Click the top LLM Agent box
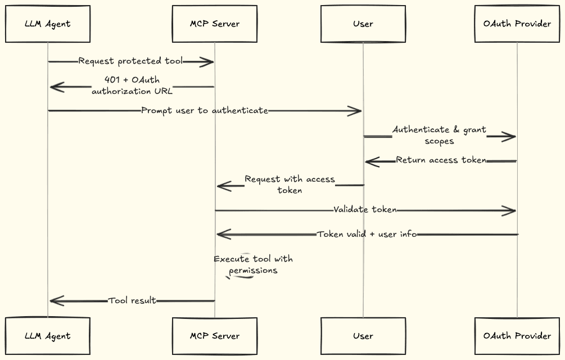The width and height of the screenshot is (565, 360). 48,24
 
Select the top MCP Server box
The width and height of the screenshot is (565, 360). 215,24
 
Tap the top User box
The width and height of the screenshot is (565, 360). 363,24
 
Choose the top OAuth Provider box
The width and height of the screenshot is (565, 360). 517,24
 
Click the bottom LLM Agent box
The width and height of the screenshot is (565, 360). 48,336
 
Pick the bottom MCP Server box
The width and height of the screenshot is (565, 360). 215,336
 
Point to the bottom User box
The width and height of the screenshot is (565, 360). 363,336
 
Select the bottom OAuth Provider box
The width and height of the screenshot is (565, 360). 517,336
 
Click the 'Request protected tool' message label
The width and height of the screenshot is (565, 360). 130,61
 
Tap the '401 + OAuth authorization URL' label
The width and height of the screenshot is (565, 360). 132,85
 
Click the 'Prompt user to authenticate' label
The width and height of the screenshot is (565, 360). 205,111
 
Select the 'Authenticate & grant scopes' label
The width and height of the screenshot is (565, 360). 439,136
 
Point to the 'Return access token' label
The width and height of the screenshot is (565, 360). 441,160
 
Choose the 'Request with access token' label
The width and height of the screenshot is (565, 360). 290,185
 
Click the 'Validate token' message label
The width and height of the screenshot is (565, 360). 365,210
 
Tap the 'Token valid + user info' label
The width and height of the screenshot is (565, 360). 367,235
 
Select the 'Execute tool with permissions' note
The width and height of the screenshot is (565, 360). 253,265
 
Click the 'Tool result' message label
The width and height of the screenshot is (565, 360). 132,301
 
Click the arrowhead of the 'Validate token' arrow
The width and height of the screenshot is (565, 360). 510,211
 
